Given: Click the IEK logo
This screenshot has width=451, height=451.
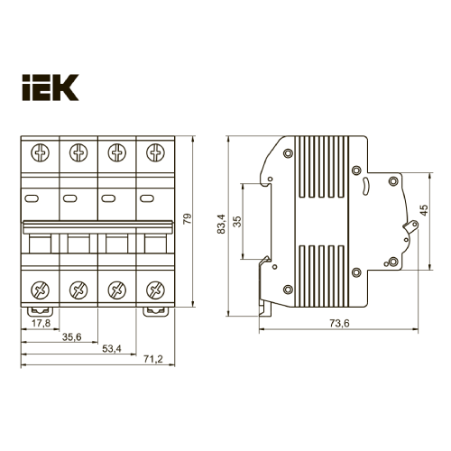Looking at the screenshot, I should coord(50,87).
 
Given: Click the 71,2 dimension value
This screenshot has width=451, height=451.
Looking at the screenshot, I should coord(152,361).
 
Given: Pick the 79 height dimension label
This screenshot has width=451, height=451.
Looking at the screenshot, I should coord(188,218).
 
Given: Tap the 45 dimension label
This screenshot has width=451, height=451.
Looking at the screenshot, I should coord(424,213).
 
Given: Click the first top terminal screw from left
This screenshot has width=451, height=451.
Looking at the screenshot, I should coord(39,152).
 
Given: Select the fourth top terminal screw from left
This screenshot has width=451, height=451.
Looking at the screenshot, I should coord(155,152).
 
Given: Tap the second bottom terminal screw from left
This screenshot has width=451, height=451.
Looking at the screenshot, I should coord(78,290).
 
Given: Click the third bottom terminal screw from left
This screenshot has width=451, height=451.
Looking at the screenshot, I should coord(116,290).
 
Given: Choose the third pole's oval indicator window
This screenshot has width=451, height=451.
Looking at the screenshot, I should coord(108,198).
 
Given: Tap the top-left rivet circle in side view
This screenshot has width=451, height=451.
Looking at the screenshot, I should coord(288,153).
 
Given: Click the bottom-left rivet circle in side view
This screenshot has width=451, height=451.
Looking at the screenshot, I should coord(288,289).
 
